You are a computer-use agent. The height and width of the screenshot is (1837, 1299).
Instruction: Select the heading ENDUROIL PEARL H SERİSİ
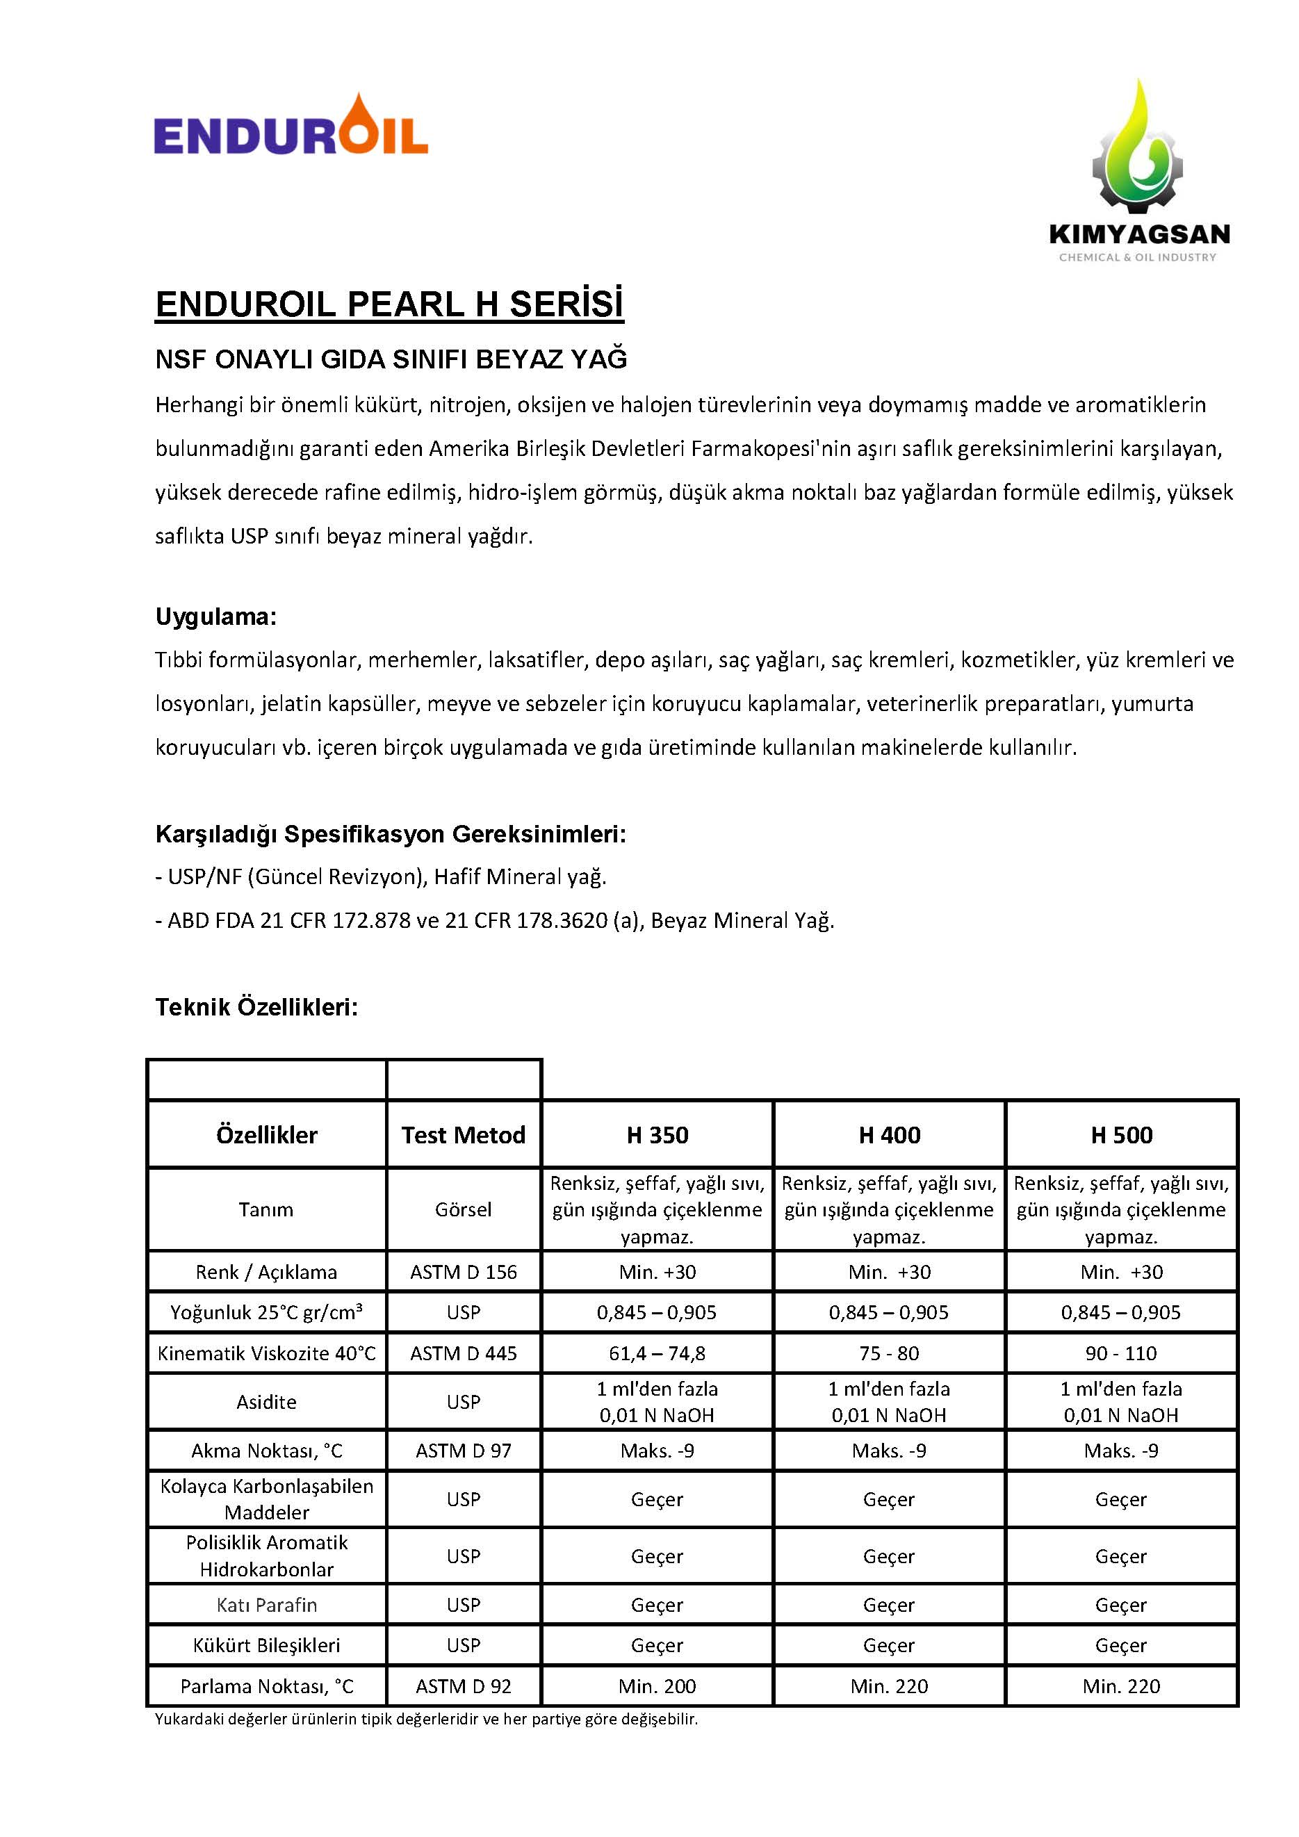click(x=389, y=304)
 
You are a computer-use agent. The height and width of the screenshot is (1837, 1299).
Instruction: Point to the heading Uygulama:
click(x=216, y=617)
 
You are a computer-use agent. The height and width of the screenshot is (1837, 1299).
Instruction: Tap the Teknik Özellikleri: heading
click(x=256, y=1006)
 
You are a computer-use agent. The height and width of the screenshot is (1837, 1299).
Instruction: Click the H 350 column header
click(x=657, y=1134)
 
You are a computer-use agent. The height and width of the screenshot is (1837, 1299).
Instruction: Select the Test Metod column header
click(x=463, y=1134)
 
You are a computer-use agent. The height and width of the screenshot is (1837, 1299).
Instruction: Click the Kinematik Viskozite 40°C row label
click(x=266, y=1353)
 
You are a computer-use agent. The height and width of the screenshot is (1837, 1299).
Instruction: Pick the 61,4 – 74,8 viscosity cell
click(x=657, y=1353)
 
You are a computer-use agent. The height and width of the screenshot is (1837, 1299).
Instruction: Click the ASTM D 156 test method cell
click(x=463, y=1272)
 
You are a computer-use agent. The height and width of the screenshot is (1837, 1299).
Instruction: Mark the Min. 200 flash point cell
click(x=657, y=1685)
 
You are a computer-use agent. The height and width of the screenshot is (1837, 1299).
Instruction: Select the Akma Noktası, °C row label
click(x=266, y=1451)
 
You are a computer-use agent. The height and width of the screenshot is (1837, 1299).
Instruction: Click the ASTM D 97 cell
click(x=463, y=1451)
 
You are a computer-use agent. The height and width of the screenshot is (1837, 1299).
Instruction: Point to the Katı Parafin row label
click(x=266, y=1605)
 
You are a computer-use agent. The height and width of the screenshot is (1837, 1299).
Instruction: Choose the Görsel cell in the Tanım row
click(x=463, y=1209)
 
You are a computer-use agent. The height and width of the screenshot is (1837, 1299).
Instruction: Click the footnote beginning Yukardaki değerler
click(x=426, y=1719)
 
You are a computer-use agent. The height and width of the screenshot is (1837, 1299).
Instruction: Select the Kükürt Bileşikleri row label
click(x=266, y=1645)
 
